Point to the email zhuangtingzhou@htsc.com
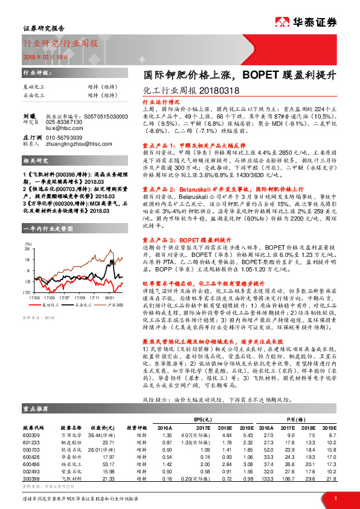79,144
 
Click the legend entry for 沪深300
114,305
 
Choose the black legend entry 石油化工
83,305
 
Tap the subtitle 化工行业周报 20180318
185,91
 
